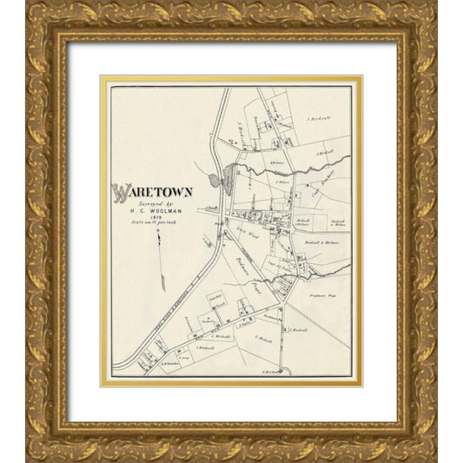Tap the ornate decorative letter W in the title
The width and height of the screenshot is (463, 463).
(119, 192)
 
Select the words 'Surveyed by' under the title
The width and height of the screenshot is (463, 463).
(149, 205)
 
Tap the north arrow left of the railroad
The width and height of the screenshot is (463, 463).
(162, 265)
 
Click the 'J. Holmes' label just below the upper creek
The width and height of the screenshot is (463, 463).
(281, 182)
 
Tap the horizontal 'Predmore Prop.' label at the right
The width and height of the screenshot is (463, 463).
(321, 295)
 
